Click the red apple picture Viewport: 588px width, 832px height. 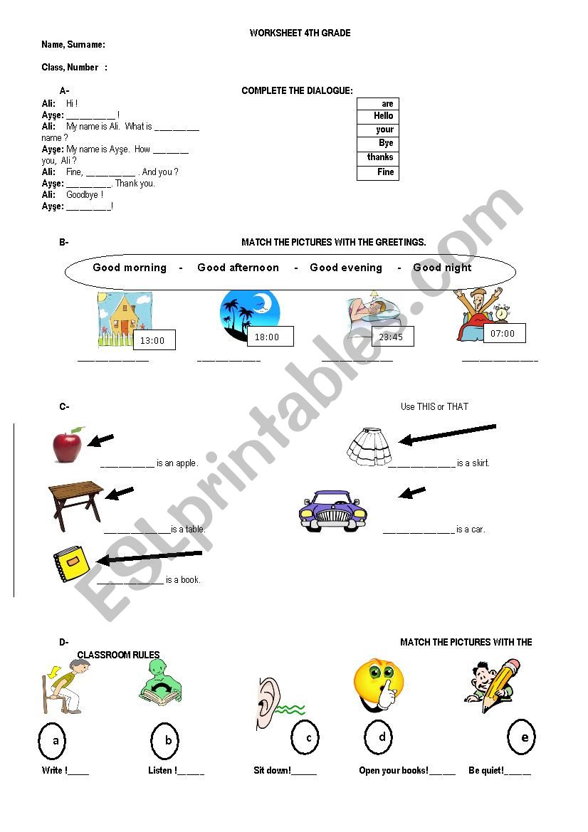coord(68,446)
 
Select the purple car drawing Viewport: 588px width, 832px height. coord(332,510)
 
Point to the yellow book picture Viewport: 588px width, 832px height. coord(70,565)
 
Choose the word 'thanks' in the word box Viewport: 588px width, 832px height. coord(379,157)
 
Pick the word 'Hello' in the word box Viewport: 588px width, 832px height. coord(383,115)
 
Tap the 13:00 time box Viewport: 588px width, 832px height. coord(153,340)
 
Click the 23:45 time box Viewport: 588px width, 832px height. coord(392,337)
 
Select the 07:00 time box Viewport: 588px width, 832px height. coord(503,333)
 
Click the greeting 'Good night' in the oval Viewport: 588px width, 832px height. coord(442,268)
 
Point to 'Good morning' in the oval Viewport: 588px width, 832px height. coord(130,268)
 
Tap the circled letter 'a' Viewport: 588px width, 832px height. coord(56,741)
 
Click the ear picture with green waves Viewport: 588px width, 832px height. coord(274,704)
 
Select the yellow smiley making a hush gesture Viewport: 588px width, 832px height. coord(379,683)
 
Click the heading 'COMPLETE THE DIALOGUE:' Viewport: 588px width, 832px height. coord(297,90)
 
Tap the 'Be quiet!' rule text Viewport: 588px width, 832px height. coord(486,771)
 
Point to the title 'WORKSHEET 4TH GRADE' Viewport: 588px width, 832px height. coord(300,33)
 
